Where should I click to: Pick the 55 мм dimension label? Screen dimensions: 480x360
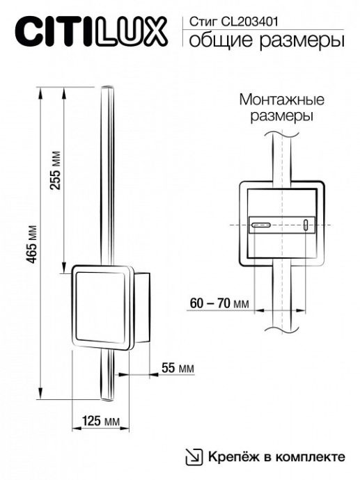177,367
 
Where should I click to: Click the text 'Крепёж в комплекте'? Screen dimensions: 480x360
275,456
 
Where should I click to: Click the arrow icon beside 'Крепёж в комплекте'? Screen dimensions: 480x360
193,456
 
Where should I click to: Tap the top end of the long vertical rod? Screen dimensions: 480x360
108,88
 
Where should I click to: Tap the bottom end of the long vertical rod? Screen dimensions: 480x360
108,399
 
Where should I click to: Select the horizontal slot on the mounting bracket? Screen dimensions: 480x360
262,225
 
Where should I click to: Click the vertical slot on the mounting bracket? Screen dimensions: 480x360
306,225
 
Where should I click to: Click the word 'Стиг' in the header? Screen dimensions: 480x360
199,22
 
